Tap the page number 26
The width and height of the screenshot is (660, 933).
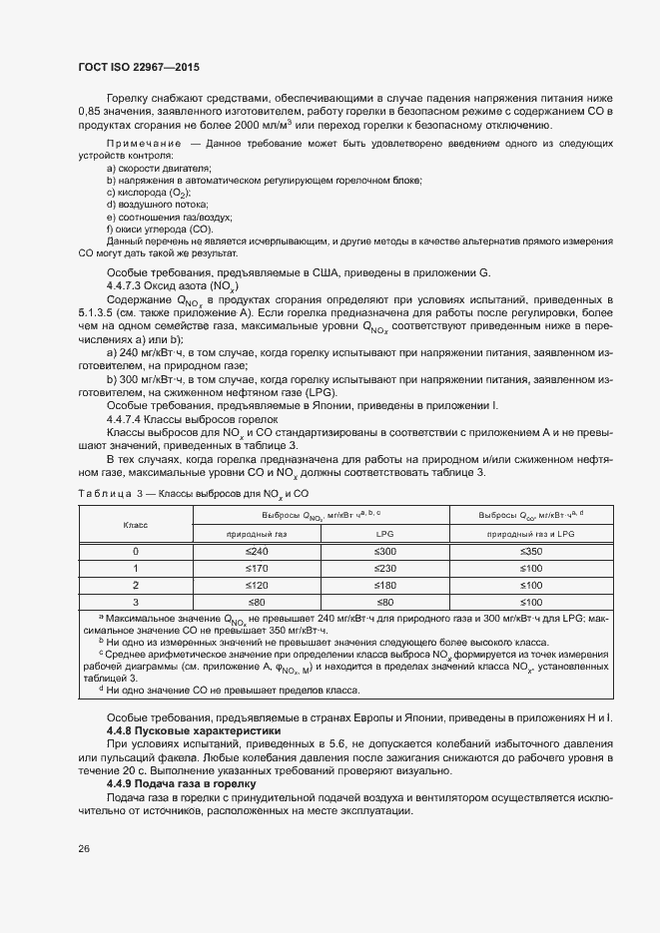(83, 849)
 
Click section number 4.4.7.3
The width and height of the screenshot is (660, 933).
(126, 285)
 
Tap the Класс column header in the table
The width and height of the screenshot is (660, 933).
(136, 524)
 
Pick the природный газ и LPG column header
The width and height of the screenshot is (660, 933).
(531, 534)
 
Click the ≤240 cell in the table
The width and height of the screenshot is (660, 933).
(258, 551)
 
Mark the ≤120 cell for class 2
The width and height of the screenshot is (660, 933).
(258, 585)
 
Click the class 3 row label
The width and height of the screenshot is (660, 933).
(136, 602)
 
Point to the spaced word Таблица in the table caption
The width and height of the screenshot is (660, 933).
(101, 493)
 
